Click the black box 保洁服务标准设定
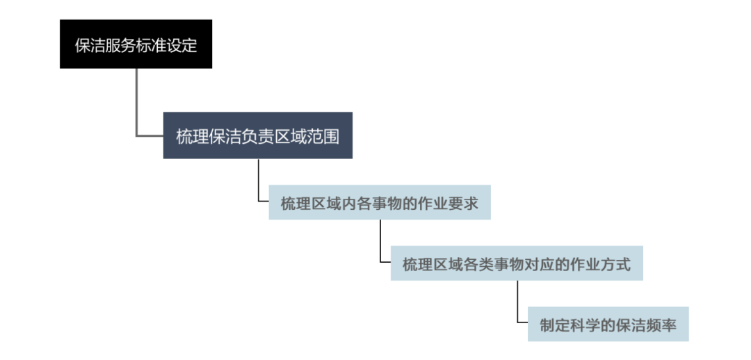(x=136, y=44)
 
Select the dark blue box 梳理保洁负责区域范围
(x=257, y=136)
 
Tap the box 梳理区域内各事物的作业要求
(x=379, y=203)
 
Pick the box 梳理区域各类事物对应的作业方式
(x=516, y=264)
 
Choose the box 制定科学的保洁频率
(x=608, y=325)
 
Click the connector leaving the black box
(x=136, y=104)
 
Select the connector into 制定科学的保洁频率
(x=517, y=302)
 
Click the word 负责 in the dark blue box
(x=257, y=136)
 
